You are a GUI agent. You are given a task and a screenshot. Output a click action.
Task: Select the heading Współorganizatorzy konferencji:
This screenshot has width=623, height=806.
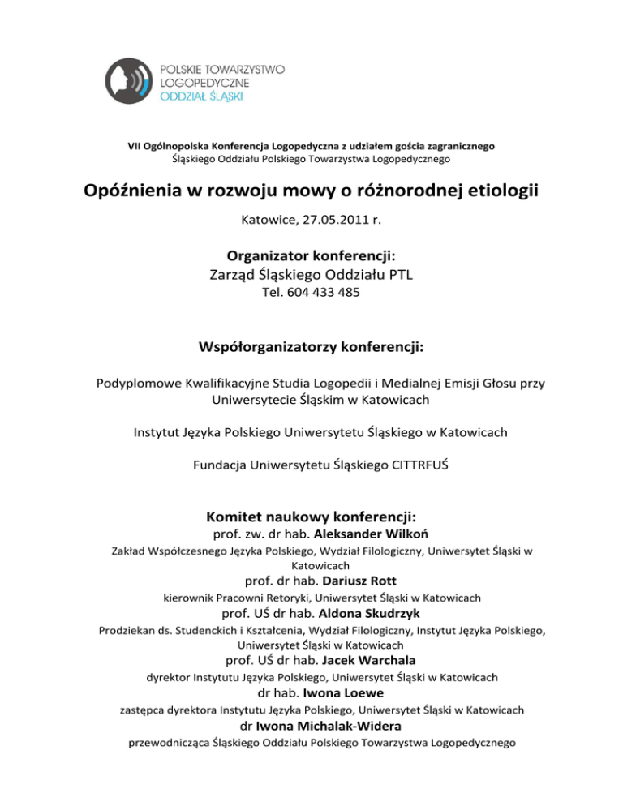coord(312,348)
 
